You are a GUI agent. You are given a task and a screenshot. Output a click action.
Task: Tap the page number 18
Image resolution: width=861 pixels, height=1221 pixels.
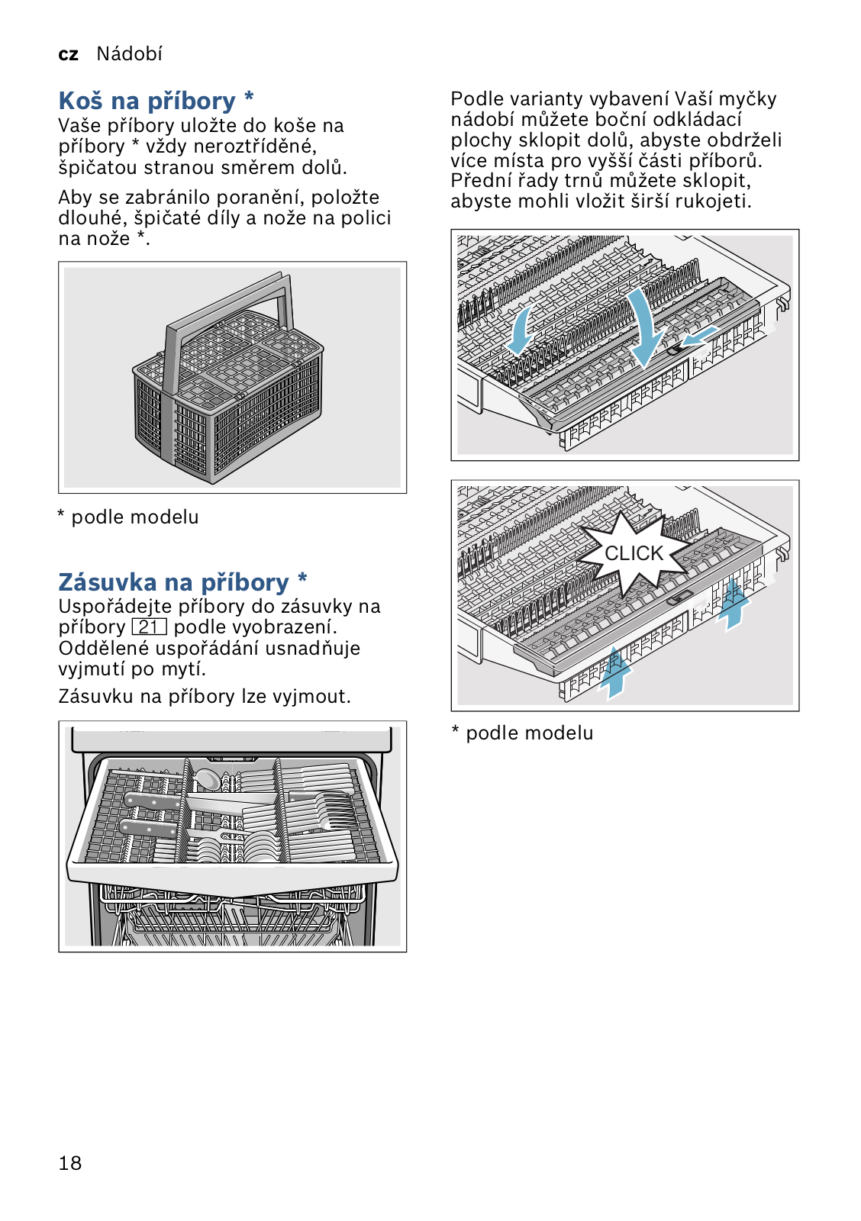point(69,1163)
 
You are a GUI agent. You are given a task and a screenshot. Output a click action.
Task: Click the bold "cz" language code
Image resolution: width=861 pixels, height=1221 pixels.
point(69,54)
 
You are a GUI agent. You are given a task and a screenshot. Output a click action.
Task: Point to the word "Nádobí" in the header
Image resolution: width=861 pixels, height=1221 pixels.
point(129,53)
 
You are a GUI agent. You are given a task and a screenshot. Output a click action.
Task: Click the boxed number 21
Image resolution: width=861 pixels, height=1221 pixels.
point(149,627)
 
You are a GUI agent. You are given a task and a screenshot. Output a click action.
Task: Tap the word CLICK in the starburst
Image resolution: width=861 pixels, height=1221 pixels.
point(634,553)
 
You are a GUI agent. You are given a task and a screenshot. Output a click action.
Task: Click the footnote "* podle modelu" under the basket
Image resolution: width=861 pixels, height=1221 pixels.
point(128,517)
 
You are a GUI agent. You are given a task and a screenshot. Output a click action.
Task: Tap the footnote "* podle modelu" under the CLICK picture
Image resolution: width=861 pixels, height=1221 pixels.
point(522,733)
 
